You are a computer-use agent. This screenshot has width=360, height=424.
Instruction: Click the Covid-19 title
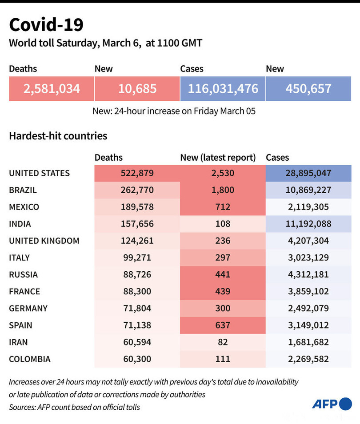46,25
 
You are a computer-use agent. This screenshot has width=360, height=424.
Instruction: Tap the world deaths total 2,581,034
52,88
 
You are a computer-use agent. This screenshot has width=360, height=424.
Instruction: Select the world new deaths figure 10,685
137,88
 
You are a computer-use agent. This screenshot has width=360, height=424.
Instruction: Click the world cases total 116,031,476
223,88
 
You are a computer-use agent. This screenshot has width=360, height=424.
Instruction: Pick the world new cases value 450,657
308,88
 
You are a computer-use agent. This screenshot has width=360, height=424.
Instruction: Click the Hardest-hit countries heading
58,136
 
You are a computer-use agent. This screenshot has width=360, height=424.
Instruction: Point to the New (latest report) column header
218,157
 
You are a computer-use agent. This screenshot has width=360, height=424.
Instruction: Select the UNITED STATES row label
39,173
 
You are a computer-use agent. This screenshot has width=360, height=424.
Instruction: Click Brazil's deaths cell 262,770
137,190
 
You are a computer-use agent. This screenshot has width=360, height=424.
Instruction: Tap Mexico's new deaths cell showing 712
223,207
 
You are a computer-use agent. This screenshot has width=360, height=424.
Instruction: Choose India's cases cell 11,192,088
308,224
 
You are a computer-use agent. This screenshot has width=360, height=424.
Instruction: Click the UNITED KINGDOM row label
44,241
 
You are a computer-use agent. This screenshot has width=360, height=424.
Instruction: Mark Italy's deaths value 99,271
137,258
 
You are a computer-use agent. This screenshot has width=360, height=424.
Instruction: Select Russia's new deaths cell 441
223,274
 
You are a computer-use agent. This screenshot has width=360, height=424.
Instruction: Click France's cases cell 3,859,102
308,291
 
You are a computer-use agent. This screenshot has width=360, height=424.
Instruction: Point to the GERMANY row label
28,308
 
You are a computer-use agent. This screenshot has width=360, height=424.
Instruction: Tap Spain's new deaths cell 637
223,325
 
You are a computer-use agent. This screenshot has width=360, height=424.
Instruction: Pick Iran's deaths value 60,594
137,342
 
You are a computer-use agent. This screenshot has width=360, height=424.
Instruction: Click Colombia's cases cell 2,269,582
308,359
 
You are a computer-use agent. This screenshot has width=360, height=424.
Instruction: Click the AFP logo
332,404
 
